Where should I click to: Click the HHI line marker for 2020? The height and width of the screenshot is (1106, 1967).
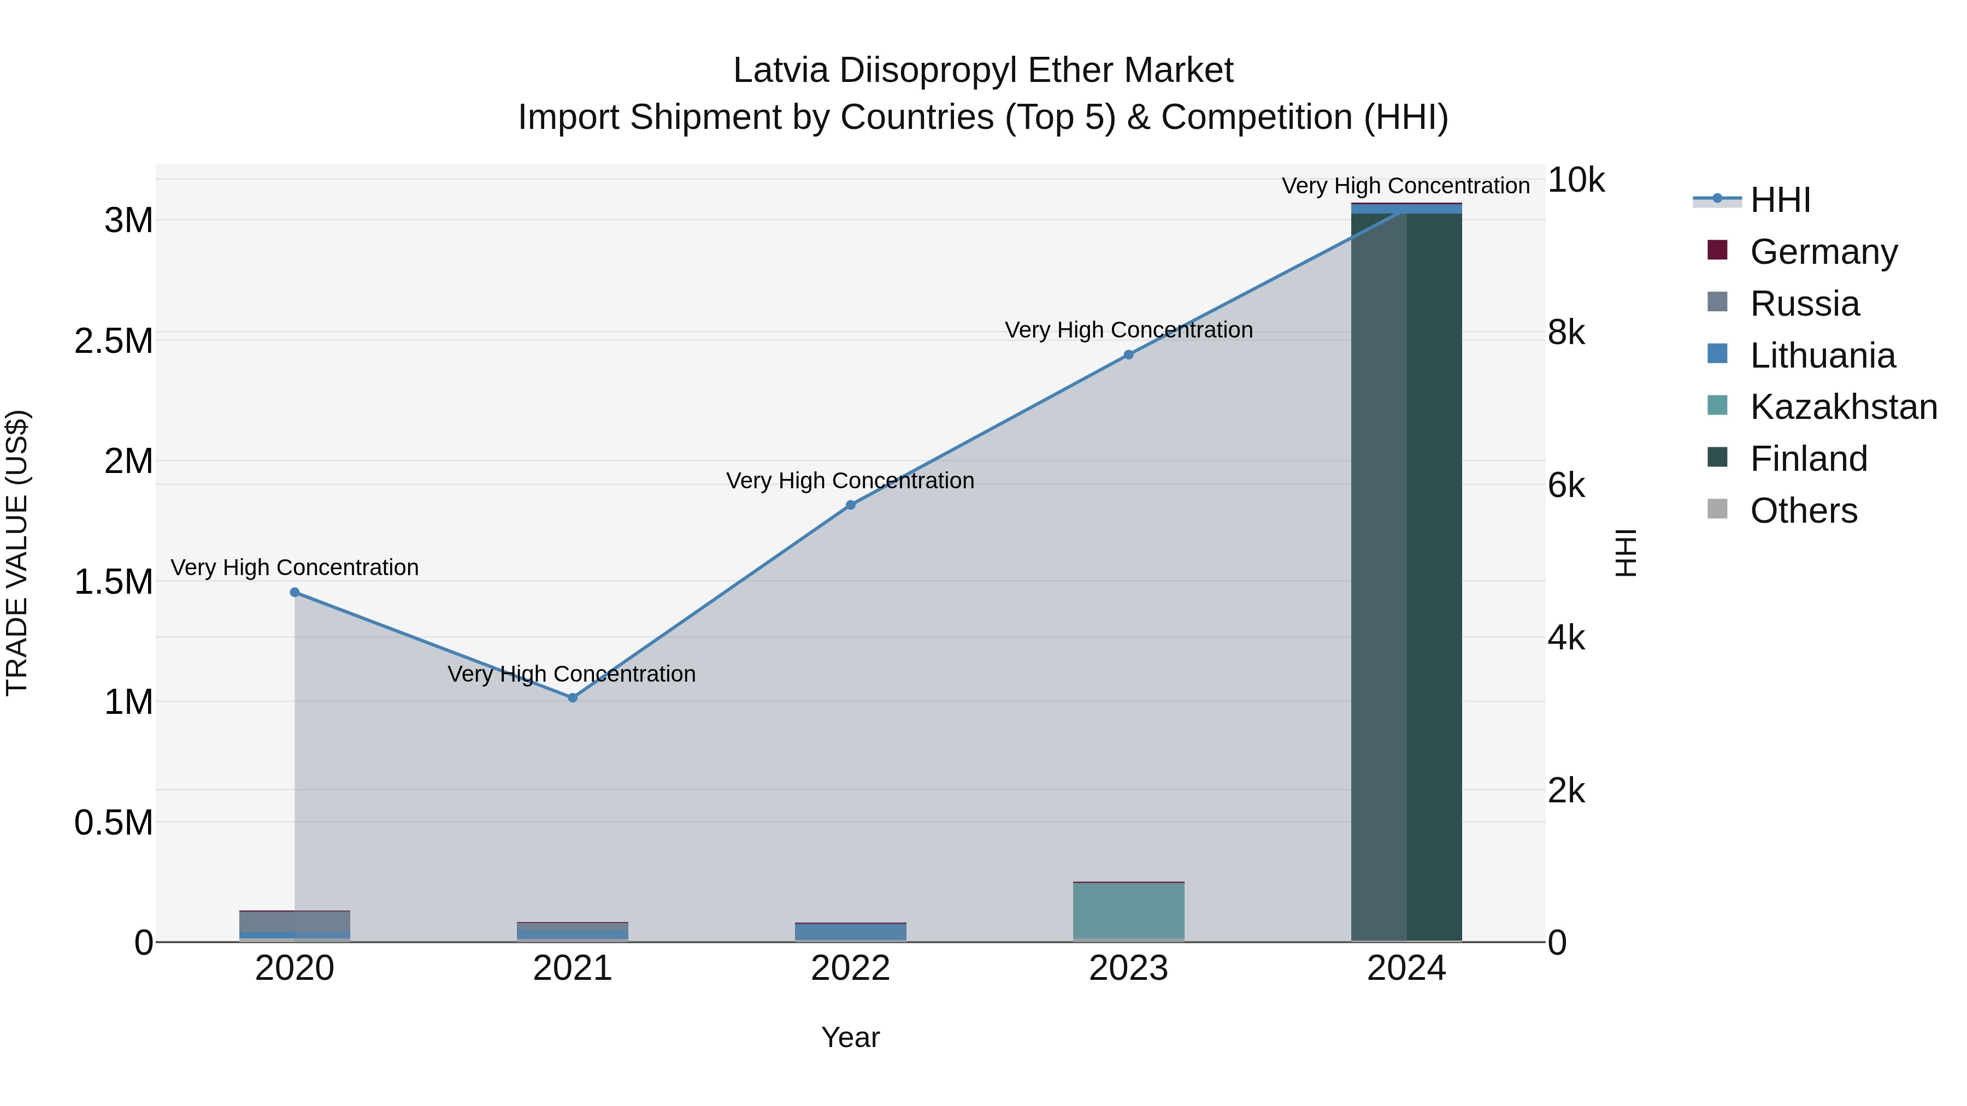coord(295,592)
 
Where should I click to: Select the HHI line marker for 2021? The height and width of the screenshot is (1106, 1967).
coord(573,697)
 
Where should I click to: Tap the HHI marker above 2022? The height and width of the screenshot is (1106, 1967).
coord(851,505)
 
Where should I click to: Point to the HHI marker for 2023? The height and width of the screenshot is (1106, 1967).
coord(1129,355)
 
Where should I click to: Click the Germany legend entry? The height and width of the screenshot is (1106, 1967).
coord(1823,252)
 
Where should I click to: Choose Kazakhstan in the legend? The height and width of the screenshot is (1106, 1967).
coord(1842,407)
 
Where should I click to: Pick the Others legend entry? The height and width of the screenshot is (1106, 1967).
coord(1803,511)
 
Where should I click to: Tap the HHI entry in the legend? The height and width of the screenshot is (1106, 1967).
coord(1780,200)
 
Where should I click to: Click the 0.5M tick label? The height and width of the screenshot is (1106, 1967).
coord(114,823)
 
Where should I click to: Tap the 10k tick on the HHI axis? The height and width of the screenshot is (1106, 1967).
coord(1575,181)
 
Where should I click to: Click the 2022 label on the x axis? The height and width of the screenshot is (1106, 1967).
coord(851,968)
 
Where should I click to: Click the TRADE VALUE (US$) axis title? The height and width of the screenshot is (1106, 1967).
coord(17,553)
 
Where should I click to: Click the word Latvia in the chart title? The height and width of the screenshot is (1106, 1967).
coord(780,71)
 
